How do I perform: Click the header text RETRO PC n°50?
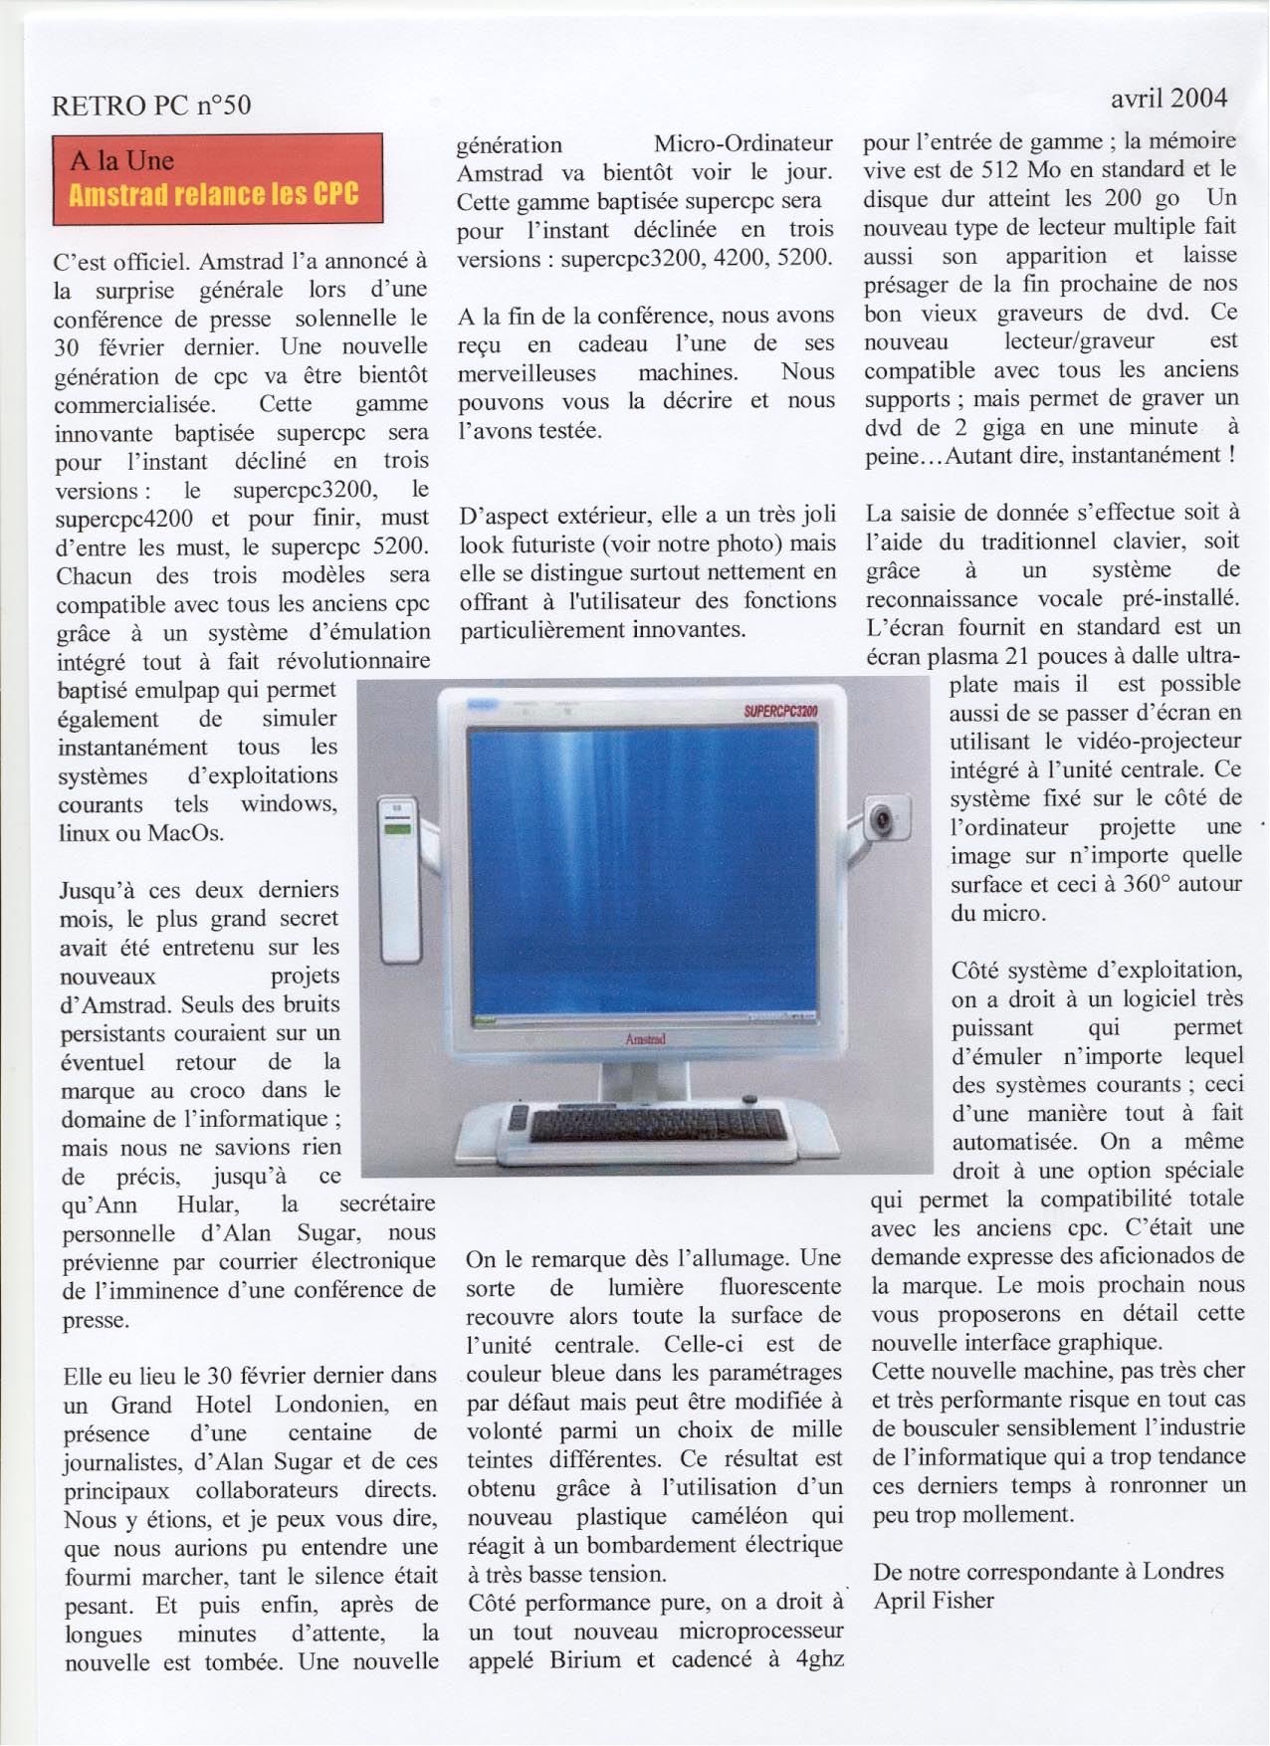click(x=151, y=105)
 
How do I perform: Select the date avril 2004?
click(x=1168, y=98)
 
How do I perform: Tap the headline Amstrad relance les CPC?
click(x=214, y=193)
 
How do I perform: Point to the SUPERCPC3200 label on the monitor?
click(x=780, y=710)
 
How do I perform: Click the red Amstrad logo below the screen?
click(x=645, y=1038)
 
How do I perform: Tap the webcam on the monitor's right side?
click(x=885, y=817)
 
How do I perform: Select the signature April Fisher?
click(x=934, y=1600)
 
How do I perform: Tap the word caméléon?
click(x=736, y=1516)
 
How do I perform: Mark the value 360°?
click(x=1136, y=884)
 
